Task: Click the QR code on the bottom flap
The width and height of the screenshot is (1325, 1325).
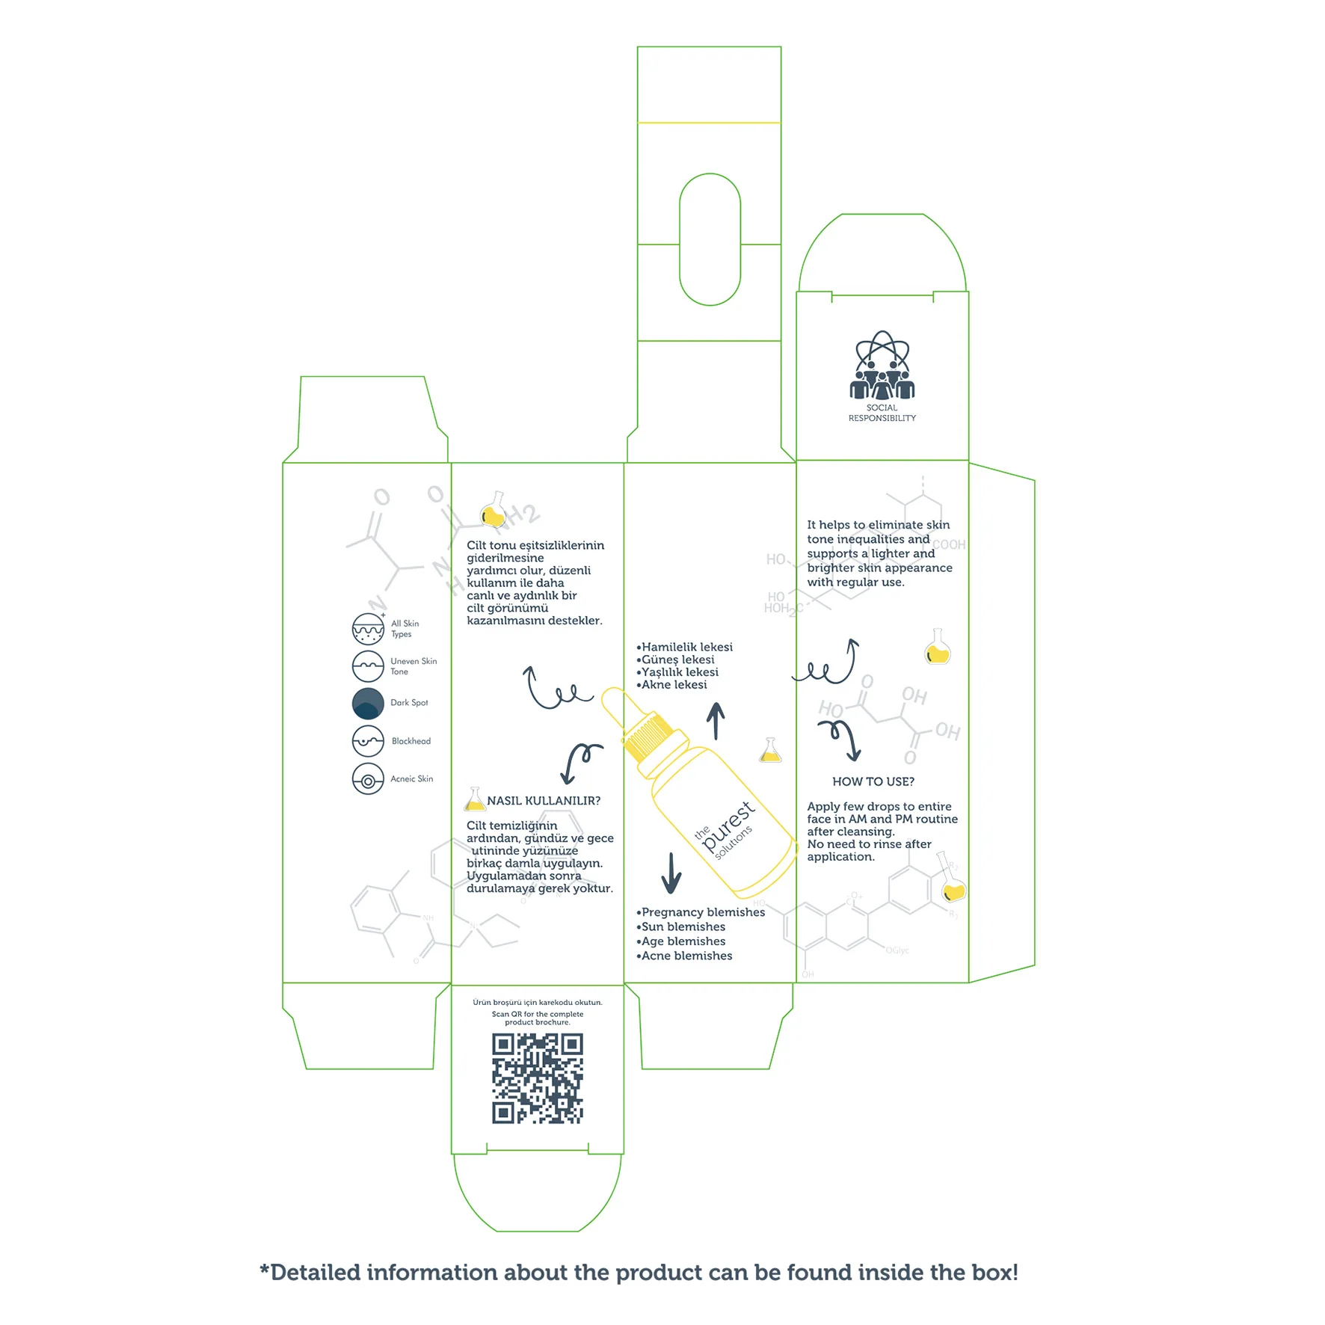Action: (x=537, y=1078)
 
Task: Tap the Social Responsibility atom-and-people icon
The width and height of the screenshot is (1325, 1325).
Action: (x=882, y=365)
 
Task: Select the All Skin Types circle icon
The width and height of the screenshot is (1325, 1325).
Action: (x=368, y=629)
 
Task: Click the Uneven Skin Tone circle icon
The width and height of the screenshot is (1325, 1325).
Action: (x=368, y=666)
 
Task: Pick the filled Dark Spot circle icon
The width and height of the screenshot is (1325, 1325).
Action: (x=368, y=704)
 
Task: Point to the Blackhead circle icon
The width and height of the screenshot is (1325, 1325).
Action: (x=368, y=741)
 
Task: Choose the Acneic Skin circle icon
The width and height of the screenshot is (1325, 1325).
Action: (x=368, y=779)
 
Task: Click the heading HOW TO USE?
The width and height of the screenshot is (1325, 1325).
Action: (x=873, y=781)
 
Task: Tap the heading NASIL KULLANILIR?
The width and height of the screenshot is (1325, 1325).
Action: (x=544, y=801)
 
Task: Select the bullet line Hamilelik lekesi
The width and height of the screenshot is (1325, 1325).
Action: (x=685, y=647)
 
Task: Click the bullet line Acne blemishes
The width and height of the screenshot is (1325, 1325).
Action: (x=685, y=956)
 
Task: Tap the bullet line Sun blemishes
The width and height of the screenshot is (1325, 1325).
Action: (x=681, y=926)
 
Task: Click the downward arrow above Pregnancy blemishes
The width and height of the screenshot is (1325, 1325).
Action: (x=671, y=873)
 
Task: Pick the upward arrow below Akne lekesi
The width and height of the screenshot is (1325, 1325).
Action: (x=716, y=721)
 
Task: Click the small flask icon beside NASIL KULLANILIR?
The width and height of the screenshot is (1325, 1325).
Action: (x=474, y=800)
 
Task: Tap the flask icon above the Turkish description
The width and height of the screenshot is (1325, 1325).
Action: (x=494, y=510)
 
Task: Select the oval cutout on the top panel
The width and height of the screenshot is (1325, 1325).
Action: (x=710, y=239)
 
